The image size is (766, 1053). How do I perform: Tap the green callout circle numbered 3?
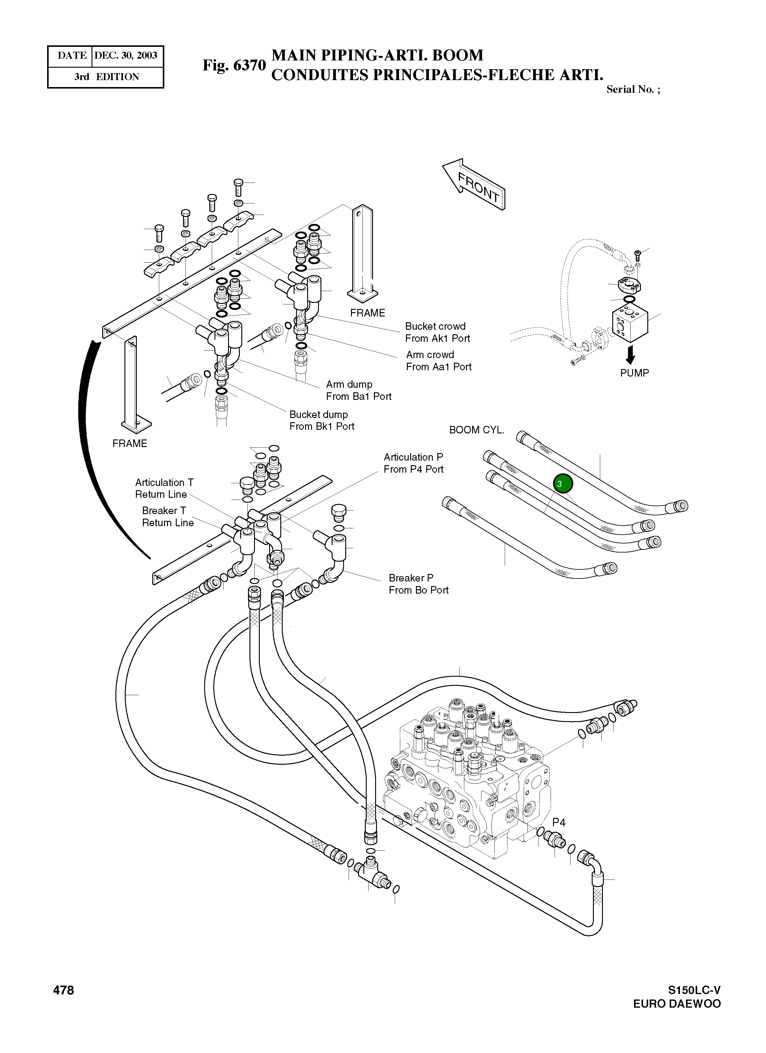pyautogui.click(x=563, y=484)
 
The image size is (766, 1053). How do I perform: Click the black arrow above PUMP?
pyautogui.click(x=630, y=355)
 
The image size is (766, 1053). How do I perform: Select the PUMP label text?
pyautogui.click(x=634, y=373)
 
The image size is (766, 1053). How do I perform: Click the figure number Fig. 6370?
pyautogui.click(x=234, y=66)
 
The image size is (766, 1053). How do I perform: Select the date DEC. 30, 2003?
pyautogui.click(x=126, y=56)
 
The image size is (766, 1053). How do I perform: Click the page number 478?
pyautogui.click(x=63, y=990)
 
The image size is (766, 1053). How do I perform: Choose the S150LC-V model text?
pyautogui.click(x=694, y=990)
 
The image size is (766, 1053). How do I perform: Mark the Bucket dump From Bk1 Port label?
pyautogui.click(x=321, y=420)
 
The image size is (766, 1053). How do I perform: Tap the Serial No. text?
pyautogui.click(x=633, y=89)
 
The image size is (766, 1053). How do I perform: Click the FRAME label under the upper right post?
pyautogui.click(x=368, y=313)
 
